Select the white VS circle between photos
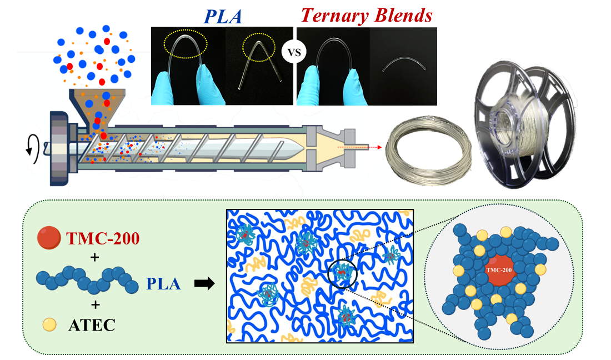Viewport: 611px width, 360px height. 294,54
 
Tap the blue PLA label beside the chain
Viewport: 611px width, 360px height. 164,284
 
